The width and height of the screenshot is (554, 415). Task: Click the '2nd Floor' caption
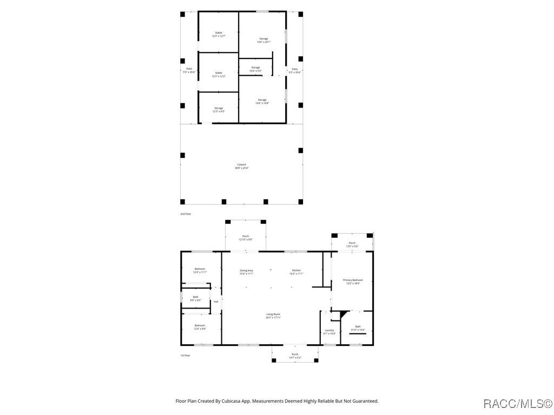(186, 214)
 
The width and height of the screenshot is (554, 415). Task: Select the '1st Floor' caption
(185, 356)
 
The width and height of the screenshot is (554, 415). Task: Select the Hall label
(216, 302)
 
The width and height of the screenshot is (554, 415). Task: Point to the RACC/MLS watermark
(518, 403)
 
